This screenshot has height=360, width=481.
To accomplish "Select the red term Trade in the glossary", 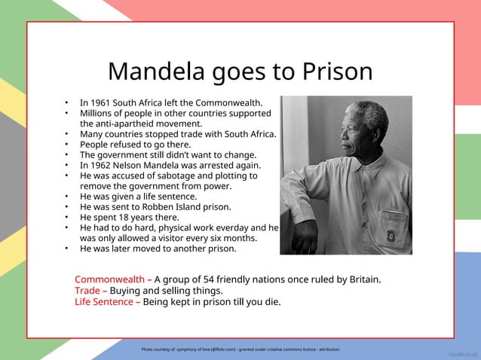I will (87, 291).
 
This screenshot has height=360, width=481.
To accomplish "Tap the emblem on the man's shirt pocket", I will (392, 234).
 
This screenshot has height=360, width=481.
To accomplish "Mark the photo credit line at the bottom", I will (240, 349).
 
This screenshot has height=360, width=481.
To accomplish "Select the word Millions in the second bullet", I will (100, 113).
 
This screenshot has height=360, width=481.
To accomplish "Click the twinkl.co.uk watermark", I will (461, 352).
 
